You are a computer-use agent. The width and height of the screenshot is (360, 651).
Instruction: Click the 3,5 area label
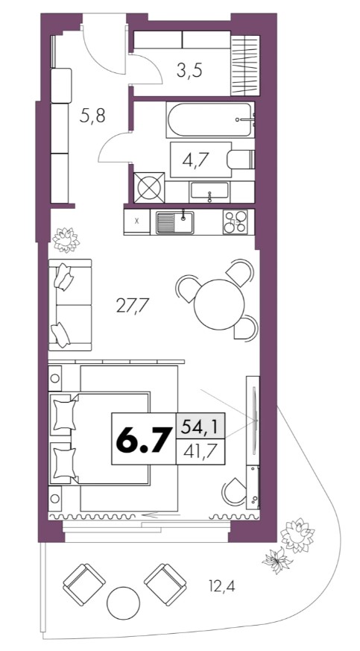point(189,71)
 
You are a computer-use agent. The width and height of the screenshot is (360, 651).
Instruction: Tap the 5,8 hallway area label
point(92,116)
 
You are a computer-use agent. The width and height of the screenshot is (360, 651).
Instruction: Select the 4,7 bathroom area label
point(195,160)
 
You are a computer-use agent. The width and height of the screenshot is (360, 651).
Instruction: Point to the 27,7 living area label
point(133,306)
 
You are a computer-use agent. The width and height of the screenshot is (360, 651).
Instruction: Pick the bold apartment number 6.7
point(144,438)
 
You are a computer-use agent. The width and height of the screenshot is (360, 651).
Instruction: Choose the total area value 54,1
point(201,426)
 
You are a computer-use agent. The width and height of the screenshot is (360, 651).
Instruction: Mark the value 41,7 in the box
point(201,450)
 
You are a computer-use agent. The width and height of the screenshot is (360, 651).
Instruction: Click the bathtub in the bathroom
point(210,119)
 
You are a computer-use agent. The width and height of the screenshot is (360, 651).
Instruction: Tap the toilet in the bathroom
point(241,160)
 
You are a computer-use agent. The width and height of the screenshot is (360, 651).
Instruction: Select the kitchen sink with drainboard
point(174,222)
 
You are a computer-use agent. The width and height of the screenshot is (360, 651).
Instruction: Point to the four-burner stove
point(236,222)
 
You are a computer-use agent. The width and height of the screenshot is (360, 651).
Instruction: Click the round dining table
point(219,304)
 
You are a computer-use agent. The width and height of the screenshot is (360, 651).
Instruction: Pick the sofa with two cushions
point(69,305)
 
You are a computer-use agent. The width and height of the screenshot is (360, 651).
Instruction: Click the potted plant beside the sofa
point(66,239)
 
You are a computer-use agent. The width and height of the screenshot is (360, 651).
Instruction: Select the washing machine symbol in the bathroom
point(149,188)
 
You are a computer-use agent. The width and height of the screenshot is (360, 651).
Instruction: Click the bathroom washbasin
point(209,192)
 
